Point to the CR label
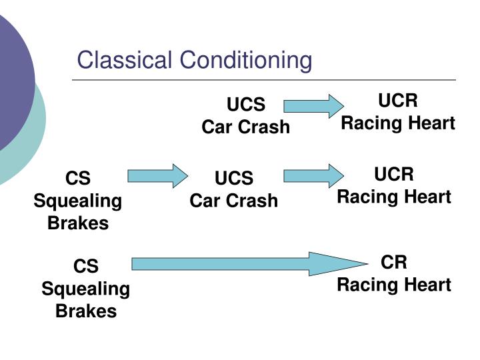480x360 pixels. pyautogui.click(x=394, y=262)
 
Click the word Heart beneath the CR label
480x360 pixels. pyautogui.click(x=427, y=285)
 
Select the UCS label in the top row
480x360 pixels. pyautogui.click(x=246, y=105)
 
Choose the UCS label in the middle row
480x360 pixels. pyautogui.click(x=234, y=179)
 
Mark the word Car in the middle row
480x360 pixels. pyautogui.click(x=204, y=201)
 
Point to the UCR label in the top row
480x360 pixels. pyautogui.click(x=398, y=101)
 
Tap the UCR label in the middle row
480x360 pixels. pyautogui.click(x=394, y=175)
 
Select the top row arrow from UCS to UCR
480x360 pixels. pyautogui.click(x=313, y=106)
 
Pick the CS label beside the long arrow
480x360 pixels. pyautogui.click(x=86, y=267)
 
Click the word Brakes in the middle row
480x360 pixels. pyautogui.click(x=78, y=223)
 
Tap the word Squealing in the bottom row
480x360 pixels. pyautogui.click(x=86, y=289)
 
